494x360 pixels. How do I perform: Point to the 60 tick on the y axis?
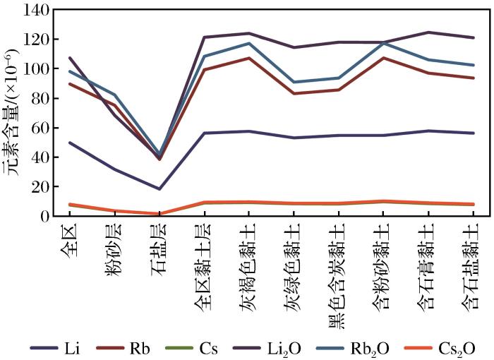(x=32, y=128)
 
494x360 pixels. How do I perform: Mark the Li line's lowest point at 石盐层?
(x=159, y=188)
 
